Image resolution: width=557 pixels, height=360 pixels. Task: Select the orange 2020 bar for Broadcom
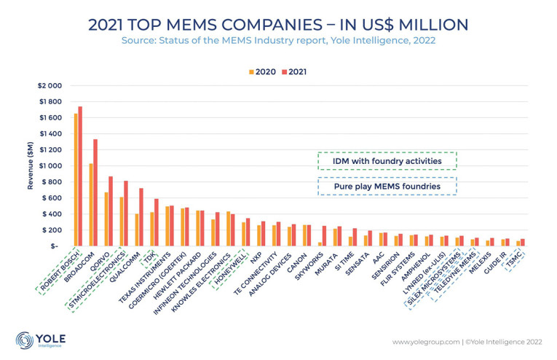point(91,205)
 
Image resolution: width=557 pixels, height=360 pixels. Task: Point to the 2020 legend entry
point(262,72)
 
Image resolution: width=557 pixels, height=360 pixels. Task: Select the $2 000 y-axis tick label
point(50,85)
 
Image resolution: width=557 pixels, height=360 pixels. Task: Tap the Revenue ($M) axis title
point(31,165)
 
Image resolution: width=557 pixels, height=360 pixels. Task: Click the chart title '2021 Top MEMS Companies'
point(279,24)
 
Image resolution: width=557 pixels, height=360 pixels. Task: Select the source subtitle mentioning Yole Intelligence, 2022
point(279,41)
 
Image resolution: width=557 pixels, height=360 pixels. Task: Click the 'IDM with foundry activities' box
point(387,160)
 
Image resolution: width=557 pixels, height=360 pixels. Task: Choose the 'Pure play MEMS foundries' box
point(387,186)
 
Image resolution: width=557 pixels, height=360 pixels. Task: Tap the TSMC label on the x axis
point(533,257)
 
